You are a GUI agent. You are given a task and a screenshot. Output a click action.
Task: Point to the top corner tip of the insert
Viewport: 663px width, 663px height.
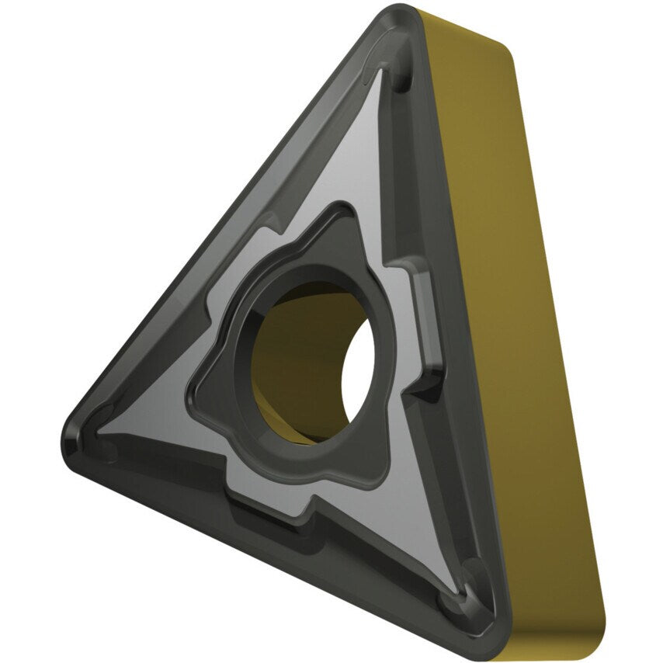pyautogui.click(x=400, y=13)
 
